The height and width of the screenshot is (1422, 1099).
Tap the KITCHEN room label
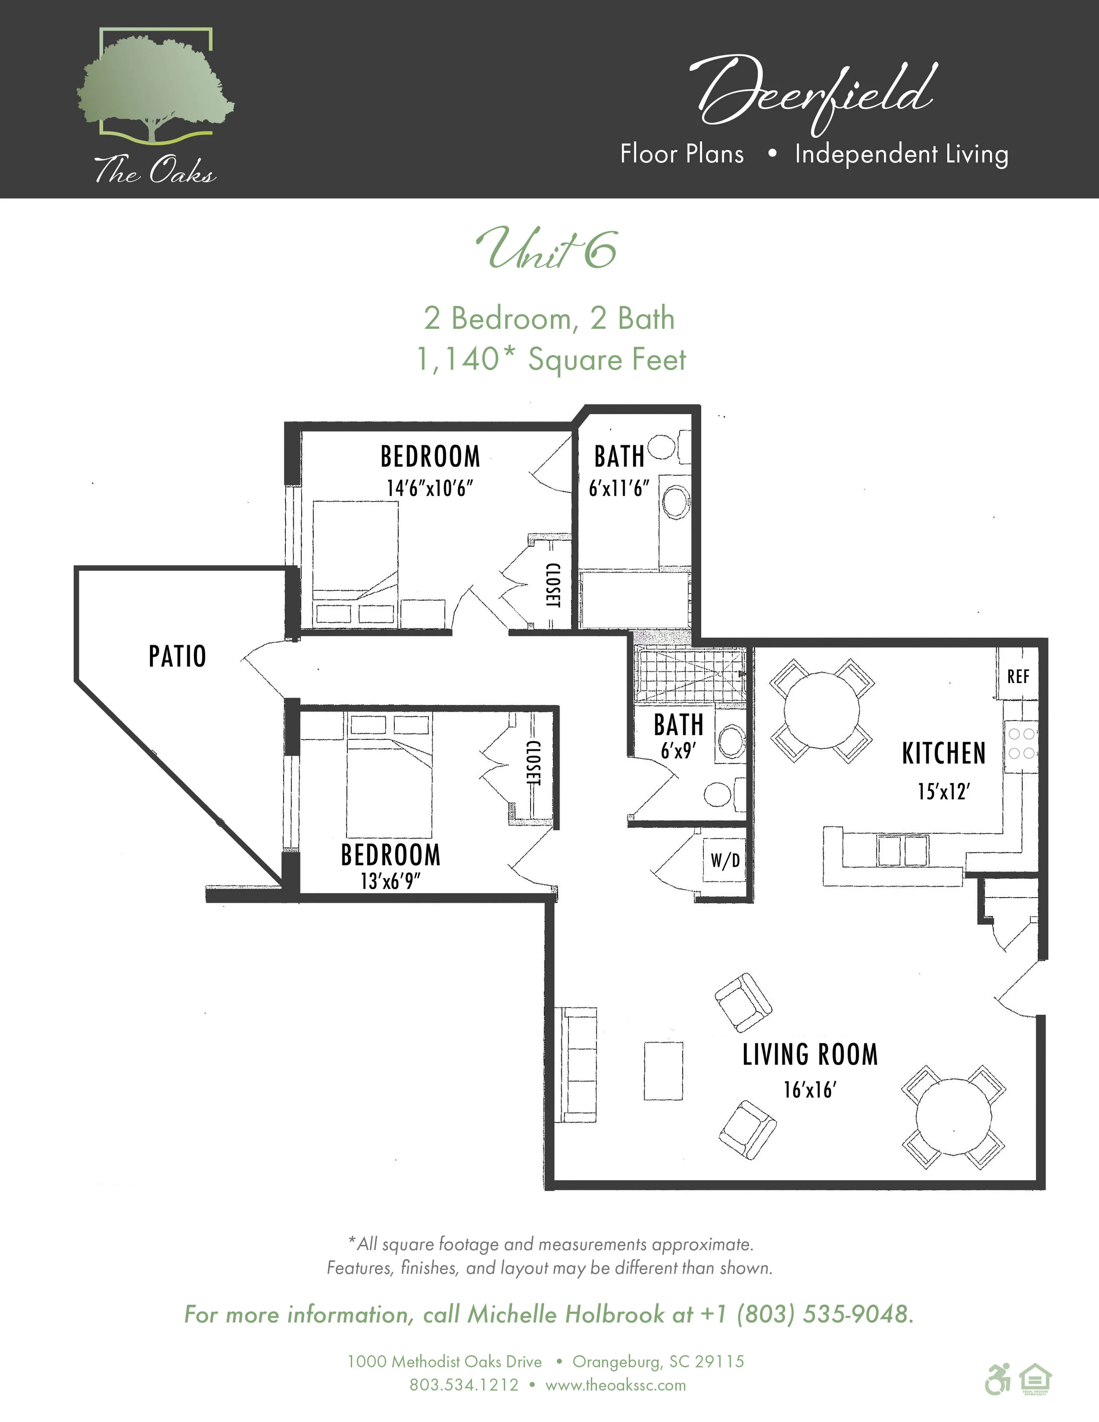click(x=943, y=753)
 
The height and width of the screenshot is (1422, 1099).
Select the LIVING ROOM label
click(x=810, y=1054)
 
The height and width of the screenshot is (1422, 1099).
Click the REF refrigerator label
click(x=1018, y=676)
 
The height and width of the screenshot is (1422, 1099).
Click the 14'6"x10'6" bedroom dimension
click(x=429, y=488)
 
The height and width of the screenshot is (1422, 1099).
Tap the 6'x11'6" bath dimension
click(x=619, y=488)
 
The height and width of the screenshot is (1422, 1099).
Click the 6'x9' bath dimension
click(x=678, y=751)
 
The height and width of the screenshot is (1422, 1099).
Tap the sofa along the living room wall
click(x=576, y=1065)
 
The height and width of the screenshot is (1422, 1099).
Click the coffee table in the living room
click(x=663, y=1071)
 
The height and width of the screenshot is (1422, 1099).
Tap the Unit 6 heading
click(x=547, y=249)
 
